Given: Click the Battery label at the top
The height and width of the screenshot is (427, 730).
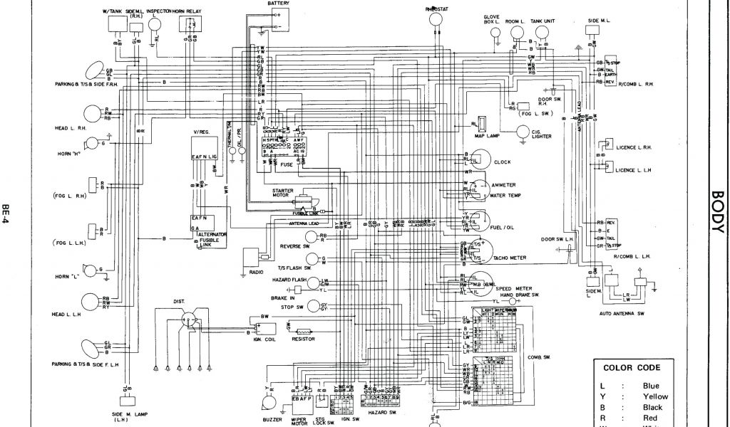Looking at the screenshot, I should pyautogui.click(x=279, y=4).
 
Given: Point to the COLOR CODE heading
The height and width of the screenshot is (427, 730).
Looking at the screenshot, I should pyautogui.click(x=632, y=368).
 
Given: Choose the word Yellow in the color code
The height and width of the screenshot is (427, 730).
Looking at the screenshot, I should pyautogui.click(x=655, y=396).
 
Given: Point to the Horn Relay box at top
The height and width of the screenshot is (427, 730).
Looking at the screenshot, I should pyautogui.click(x=190, y=24).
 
